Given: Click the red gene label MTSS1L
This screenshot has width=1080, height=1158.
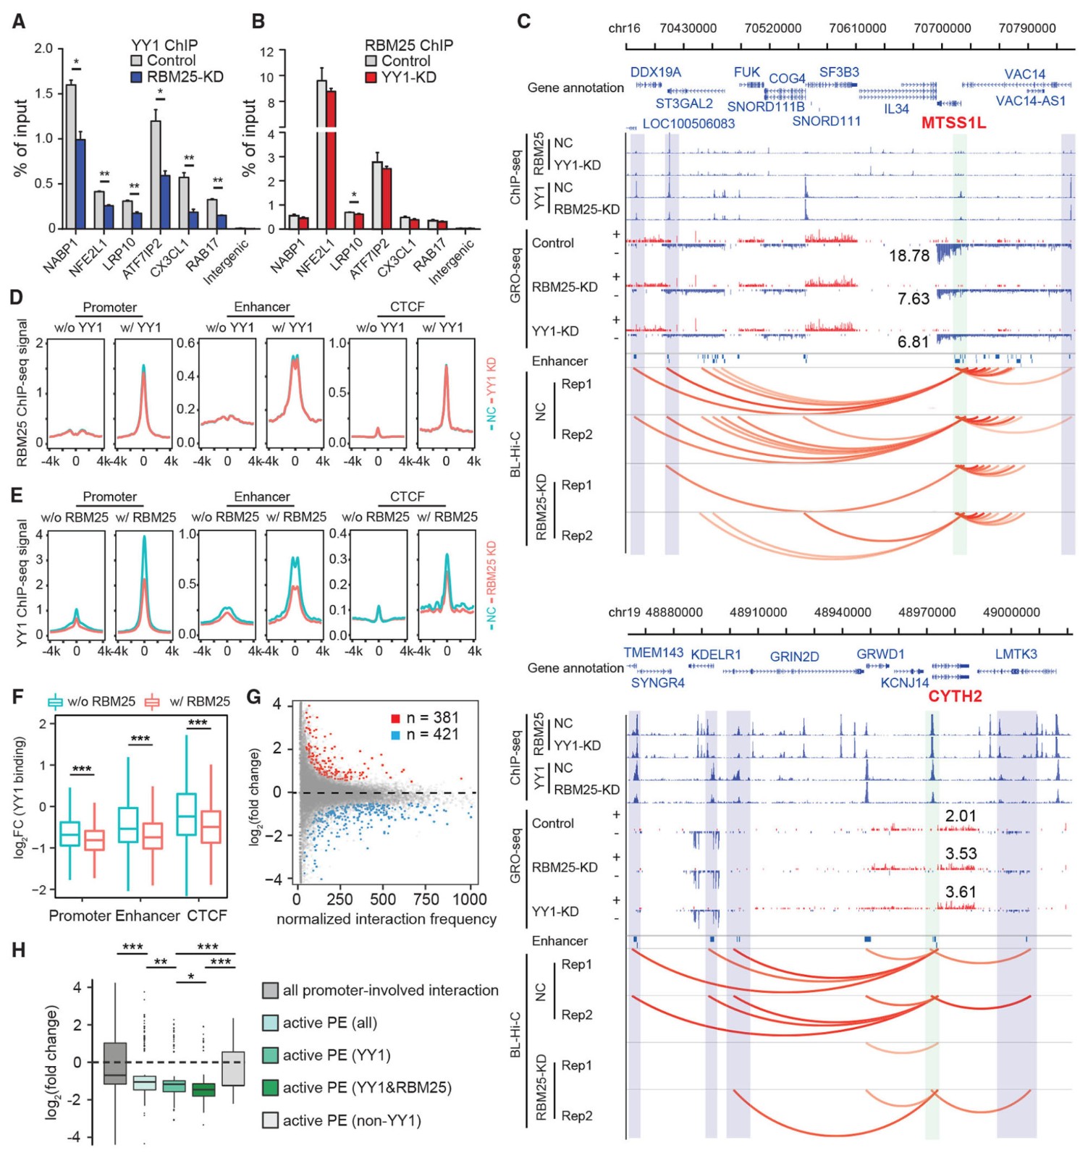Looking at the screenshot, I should tap(953, 123).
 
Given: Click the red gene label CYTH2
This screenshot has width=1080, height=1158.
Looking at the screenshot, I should tap(955, 696).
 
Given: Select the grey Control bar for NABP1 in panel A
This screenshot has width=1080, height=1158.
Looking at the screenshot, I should tap(71, 156).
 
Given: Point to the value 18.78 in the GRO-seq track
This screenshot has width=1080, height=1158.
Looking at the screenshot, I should tap(908, 255).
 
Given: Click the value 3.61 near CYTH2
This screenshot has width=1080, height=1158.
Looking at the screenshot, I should tap(961, 892).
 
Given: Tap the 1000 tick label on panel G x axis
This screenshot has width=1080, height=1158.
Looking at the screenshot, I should tap(469, 899).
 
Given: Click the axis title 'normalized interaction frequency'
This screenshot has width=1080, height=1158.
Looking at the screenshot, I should tap(387, 919).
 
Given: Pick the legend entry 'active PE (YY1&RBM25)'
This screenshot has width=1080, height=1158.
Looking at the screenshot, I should tap(366, 1087).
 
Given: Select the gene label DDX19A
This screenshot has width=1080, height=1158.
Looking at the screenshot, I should tap(655, 72).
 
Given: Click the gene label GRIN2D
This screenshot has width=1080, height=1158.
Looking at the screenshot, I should tap(794, 656).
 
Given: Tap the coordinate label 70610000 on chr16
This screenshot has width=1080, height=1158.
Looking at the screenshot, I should tap(857, 28).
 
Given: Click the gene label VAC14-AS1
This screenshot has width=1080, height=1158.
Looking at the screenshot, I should tap(1030, 101).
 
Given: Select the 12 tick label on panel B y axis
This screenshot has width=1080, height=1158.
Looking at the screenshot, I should tap(267, 51).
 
